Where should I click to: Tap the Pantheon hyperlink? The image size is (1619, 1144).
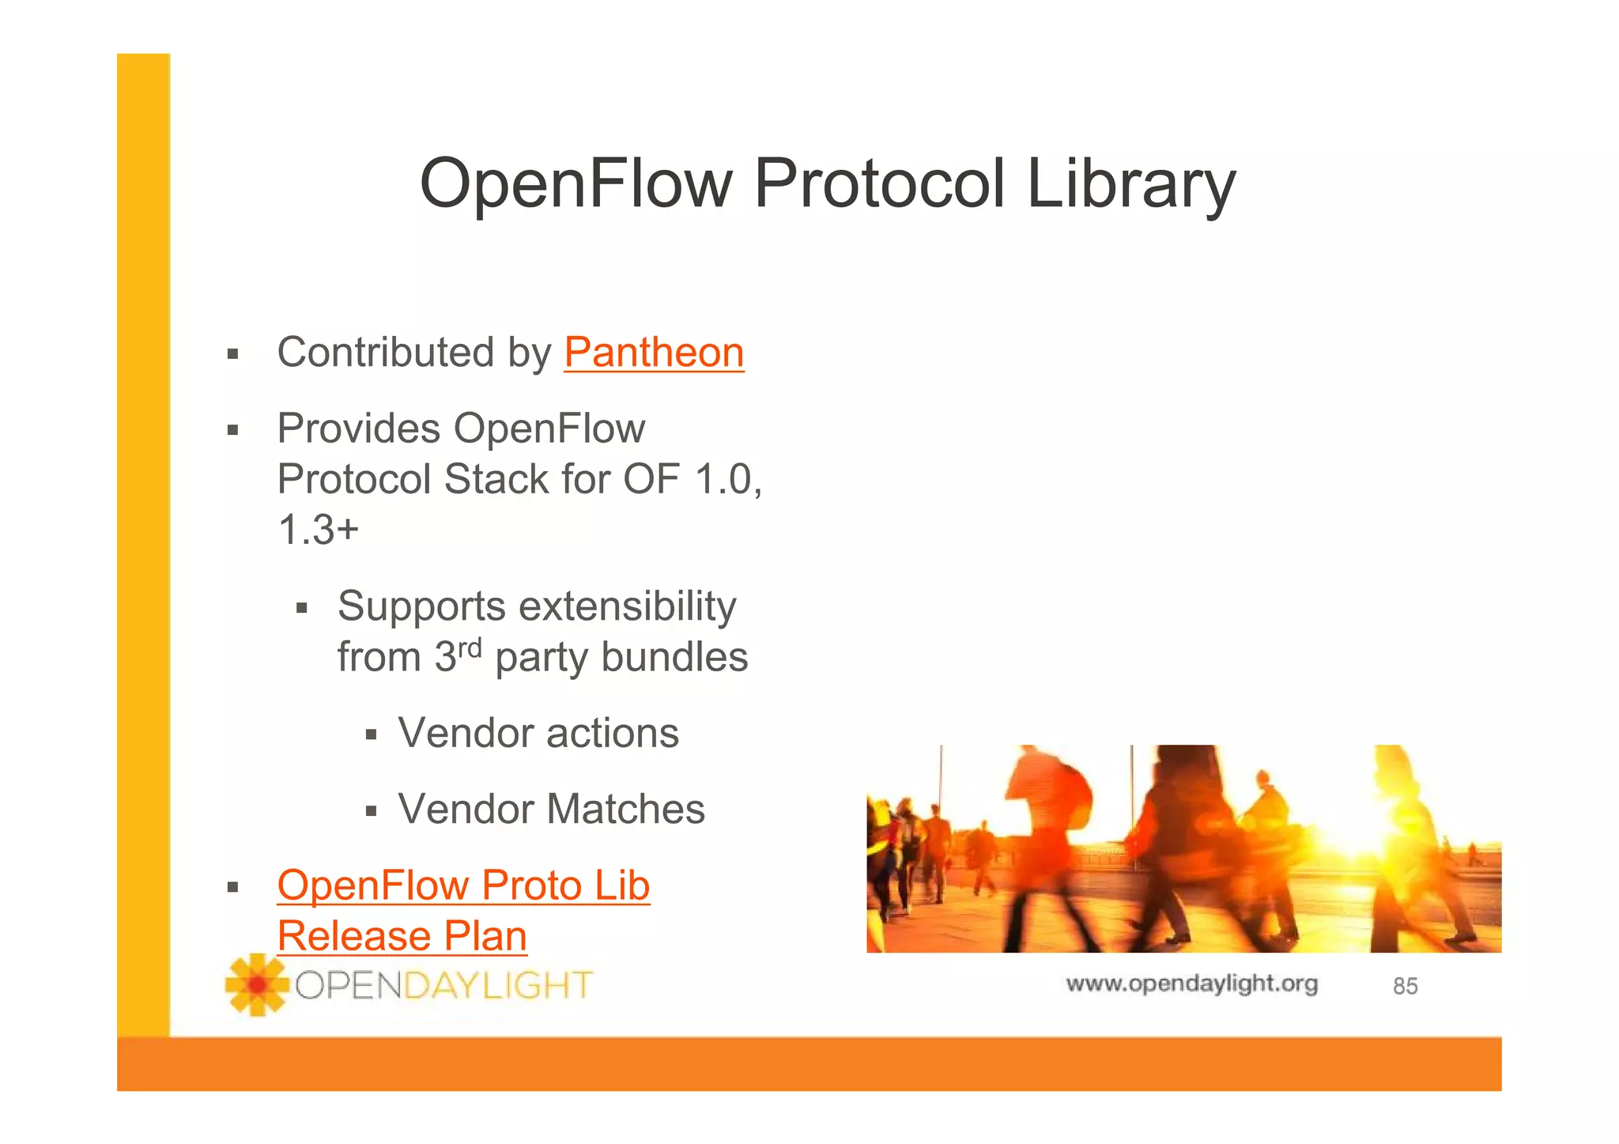654,353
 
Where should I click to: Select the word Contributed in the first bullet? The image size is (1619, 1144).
386,353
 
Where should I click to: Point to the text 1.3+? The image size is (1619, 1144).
318,530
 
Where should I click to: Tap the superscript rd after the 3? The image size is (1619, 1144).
470,648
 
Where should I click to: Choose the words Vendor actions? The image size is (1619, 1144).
538,733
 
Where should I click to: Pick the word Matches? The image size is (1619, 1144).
626,809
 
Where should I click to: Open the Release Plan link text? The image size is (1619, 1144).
402,937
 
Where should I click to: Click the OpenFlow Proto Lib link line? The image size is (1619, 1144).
463,885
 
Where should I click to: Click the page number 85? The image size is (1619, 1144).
1405,987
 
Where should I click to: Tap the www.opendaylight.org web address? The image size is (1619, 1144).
1191,984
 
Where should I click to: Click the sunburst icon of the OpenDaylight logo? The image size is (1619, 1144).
256,984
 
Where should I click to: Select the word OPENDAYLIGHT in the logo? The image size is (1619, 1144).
443,986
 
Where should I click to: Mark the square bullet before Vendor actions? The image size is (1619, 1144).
372,735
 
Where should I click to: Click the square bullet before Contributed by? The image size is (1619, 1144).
232,354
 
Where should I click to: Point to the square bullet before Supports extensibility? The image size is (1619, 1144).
301,609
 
